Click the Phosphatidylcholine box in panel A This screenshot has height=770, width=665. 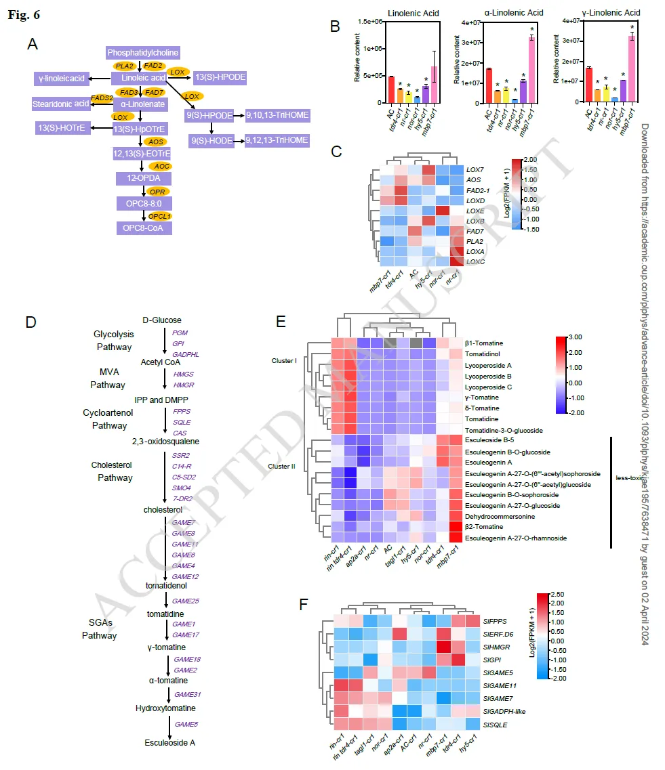click(x=143, y=52)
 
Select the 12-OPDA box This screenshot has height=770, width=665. click(x=143, y=177)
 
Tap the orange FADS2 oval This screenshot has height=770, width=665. click(x=102, y=99)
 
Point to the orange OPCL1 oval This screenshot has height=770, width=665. click(x=160, y=216)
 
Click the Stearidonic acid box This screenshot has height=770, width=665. click(x=61, y=104)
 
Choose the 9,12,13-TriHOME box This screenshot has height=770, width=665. click(x=277, y=141)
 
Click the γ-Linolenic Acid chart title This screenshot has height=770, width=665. click(x=606, y=13)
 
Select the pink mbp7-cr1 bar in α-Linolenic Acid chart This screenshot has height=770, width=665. click(x=532, y=69)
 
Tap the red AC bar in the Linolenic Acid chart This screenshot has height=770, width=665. click(x=391, y=89)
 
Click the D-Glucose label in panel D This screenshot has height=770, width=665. click(x=162, y=320)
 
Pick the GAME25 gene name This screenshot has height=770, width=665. click(x=186, y=601)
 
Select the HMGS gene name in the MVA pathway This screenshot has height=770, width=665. click(x=182, y=373)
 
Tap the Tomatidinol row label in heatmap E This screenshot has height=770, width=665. click(x=485, y=354)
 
